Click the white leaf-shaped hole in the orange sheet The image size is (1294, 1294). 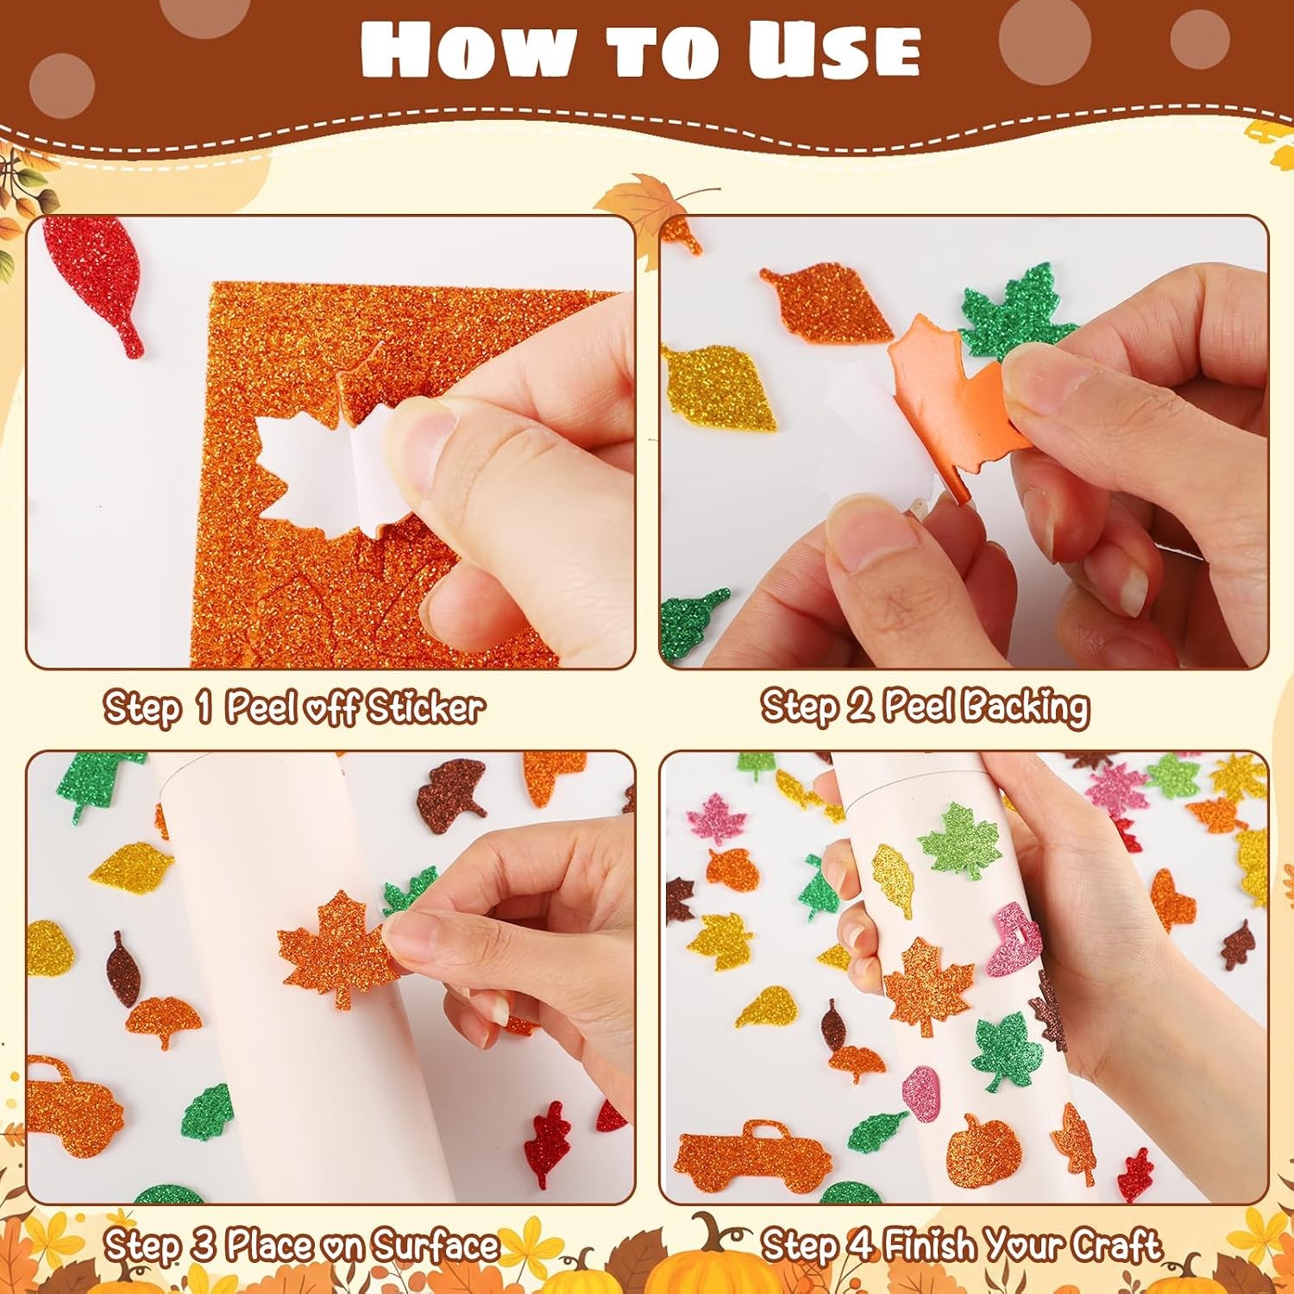tap(314, 469)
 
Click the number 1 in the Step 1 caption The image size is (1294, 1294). tap(204, 707)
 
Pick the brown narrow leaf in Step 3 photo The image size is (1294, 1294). tap(123, 967)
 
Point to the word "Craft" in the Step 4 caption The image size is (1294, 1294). tap(1119, 1245)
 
